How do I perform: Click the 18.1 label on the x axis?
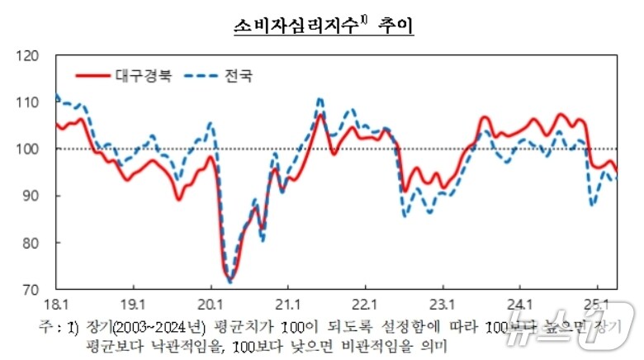point(56,303)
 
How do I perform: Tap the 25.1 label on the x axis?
point(597,303)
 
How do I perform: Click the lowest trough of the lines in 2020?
point(229,281)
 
